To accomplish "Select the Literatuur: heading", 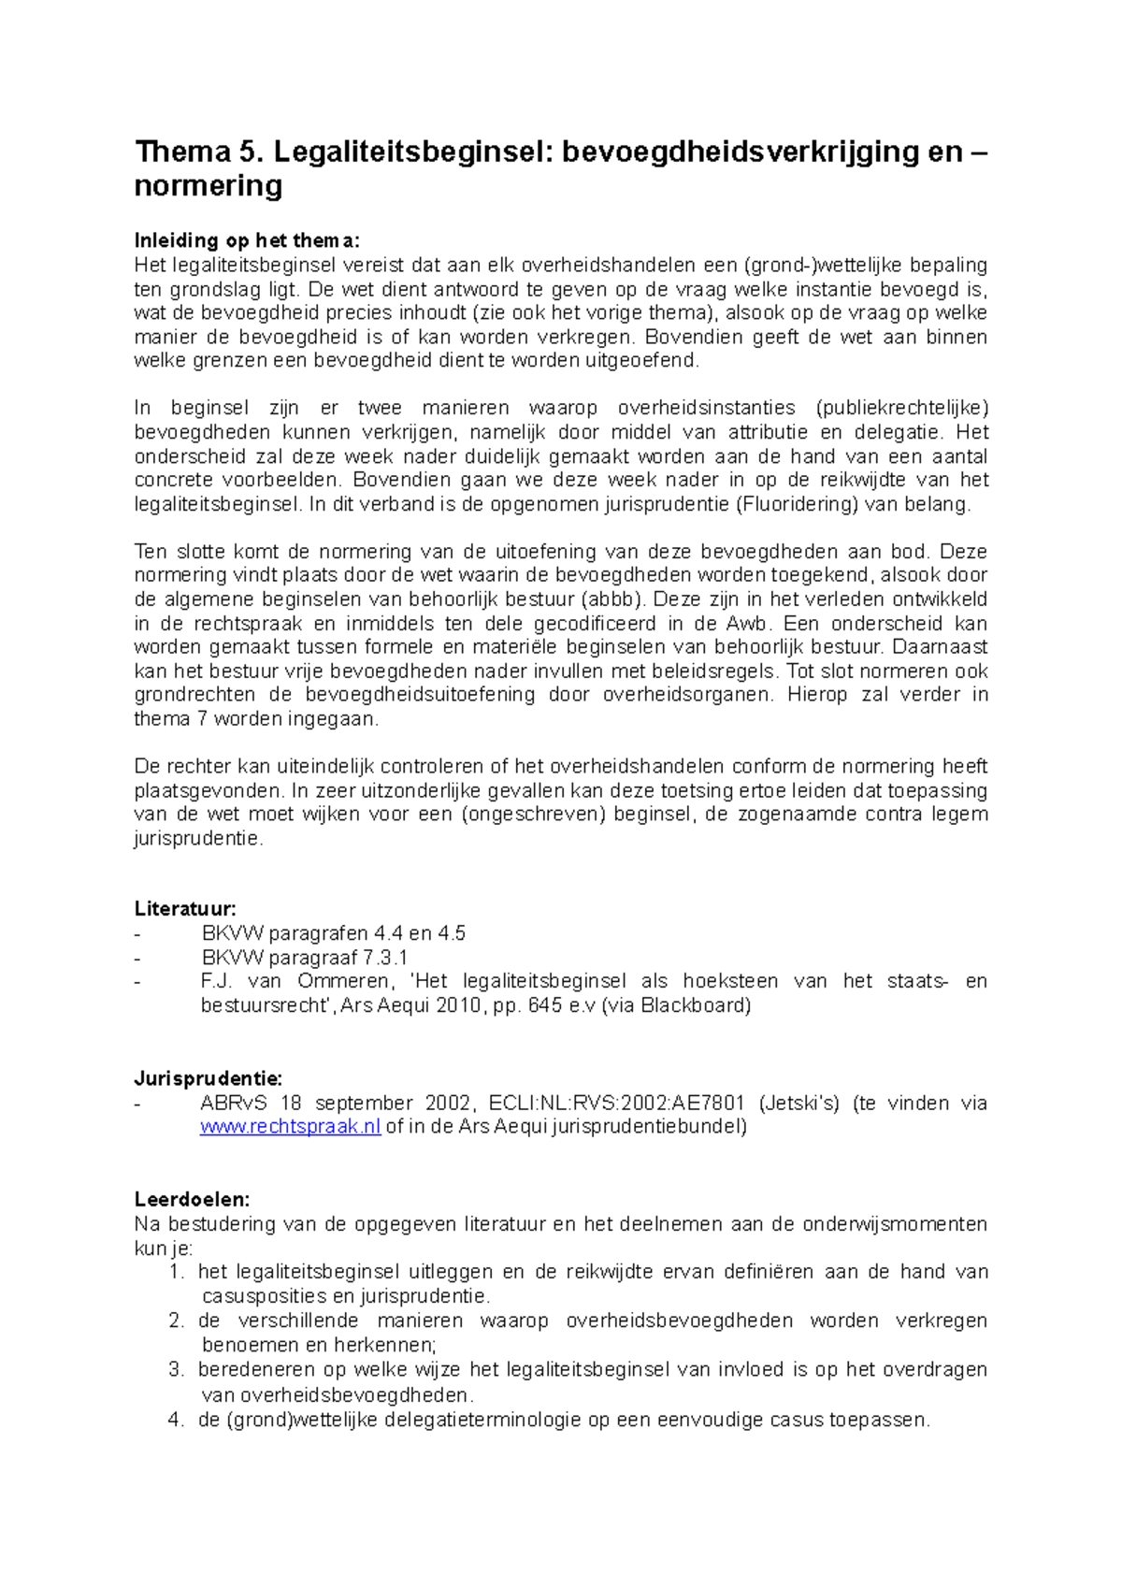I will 185,908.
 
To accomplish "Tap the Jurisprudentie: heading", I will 208,1078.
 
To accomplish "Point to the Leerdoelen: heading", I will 192,1199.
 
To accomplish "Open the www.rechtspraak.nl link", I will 290,1127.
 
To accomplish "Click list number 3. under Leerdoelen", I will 177,1369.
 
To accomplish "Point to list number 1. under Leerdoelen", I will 177,1272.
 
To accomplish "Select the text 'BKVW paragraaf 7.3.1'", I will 305,958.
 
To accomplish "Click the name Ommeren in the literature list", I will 343,981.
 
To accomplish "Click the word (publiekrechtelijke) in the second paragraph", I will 901,409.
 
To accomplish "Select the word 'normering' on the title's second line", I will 208,185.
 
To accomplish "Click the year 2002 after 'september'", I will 450,1103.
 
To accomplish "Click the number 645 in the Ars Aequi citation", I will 545,1005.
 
